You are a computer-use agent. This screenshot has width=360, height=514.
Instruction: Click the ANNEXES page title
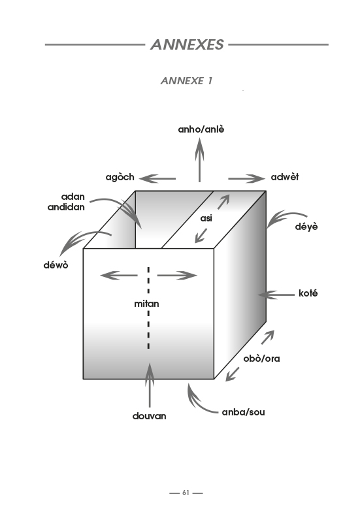[187, 44]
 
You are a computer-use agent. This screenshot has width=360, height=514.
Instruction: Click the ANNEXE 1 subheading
[187, 80]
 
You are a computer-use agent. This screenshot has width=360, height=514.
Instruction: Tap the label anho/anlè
[201, 129]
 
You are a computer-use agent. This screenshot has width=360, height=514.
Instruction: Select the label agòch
[120, 178]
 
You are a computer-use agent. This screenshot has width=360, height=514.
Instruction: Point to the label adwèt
[285, 177]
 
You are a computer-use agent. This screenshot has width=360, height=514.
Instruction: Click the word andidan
[66, 207]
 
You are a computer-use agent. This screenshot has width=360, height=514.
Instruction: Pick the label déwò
[56, 265]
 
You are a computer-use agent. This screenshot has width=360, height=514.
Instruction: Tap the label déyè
[306, 227]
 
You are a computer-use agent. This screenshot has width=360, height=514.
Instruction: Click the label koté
[308, 293]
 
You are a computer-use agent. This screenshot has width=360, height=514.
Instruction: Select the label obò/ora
[261, 359]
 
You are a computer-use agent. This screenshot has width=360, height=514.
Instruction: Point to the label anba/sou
[243, 412]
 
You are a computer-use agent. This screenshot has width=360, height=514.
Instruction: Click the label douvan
[149, 416]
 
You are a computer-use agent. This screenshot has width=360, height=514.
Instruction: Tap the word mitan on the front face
[146, 304]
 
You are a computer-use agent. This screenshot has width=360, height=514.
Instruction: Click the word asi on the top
[206, 218]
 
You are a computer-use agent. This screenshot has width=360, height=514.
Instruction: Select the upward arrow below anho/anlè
[199, 160]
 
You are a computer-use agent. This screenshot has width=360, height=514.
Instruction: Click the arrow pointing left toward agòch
[157, 179]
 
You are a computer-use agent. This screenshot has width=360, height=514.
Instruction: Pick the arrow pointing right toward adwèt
[246, 179]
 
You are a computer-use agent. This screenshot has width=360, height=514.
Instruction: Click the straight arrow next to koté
[276, 295]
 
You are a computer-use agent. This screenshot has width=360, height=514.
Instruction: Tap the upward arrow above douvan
[150, 385]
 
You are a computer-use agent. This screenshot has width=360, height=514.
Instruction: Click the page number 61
[186, 492]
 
